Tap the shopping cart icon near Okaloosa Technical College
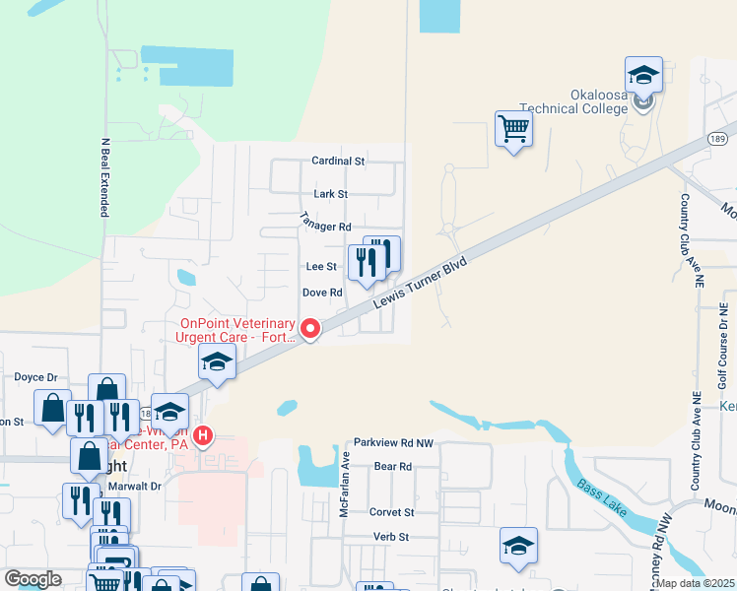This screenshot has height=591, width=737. tap(513, 127)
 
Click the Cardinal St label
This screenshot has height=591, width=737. tap(338, 160)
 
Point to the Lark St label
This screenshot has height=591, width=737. tap(330, 194)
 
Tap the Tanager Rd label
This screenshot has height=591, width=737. tap(325, 226)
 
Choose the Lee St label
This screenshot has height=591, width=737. tap(321, 266)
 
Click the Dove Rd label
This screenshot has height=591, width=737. tap(321, 293)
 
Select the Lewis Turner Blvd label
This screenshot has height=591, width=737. tap(421, 283)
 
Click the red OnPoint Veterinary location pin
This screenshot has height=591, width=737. tap(310, 328)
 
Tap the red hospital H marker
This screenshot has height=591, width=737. tap(203, 434)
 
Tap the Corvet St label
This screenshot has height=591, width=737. tap(391, 512)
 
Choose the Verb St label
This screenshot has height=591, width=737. tap(391, 536)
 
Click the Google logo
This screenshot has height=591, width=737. tap(33, 579)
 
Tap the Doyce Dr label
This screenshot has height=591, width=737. tap(36, 376)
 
